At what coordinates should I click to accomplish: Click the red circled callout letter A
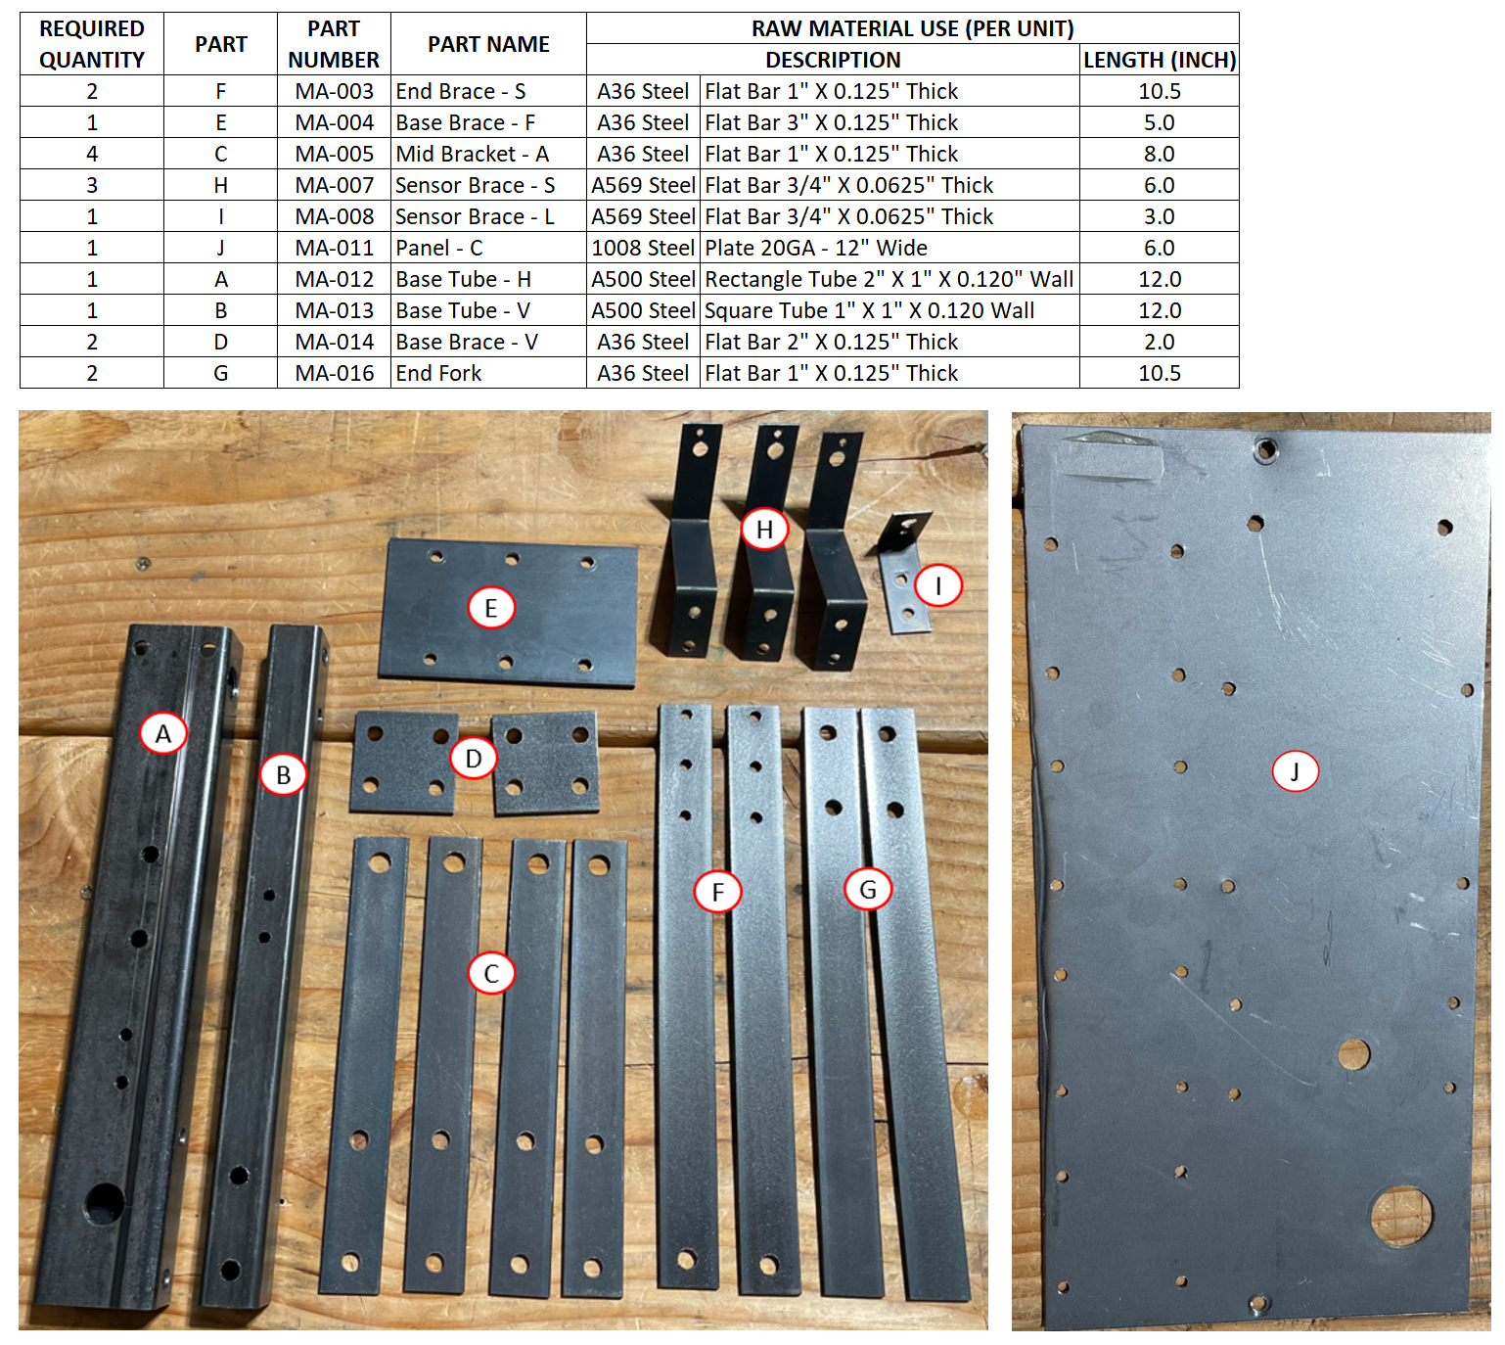point(162,733)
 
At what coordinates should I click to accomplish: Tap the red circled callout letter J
point(1295,771)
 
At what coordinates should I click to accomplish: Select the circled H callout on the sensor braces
point(764,529)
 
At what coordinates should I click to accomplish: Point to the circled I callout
point(937,585)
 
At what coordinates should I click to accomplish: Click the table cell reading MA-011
point(334,248)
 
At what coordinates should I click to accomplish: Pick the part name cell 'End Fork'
point(488,373)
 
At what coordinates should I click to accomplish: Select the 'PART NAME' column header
point(488,44)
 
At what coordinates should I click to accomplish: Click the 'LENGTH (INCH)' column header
point(1159,60)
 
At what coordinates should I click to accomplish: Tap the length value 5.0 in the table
point(1159,122)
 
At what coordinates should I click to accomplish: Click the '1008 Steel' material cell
point(643,248)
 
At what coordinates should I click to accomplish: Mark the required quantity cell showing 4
point(91,154)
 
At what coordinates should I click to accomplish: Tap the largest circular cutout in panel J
point(1401,1216)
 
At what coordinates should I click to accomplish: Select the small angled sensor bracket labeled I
point(904,573)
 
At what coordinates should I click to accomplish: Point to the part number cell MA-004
point(334,122)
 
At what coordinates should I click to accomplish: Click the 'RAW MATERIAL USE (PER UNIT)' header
point(912,28)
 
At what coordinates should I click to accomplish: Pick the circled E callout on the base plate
point(490,608)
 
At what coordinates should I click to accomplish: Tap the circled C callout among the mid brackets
point(490,973)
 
